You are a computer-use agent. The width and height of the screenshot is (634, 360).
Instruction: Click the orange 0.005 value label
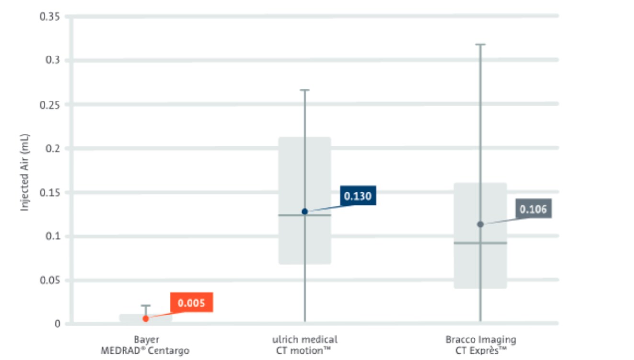point(192,303)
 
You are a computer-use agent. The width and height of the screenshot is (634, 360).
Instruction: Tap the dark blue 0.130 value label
point(358,196)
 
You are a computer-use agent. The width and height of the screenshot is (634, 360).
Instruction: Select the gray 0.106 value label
point(533,209)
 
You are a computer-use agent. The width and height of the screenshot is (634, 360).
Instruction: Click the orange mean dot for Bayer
point(146,318)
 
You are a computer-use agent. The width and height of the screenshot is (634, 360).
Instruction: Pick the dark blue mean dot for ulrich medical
point(305,211)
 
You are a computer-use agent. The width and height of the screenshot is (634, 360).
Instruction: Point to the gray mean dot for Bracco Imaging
point(480,224)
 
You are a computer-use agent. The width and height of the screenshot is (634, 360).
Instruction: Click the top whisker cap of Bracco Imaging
point(480,45)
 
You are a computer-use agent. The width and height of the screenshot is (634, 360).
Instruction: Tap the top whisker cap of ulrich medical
point(305,90)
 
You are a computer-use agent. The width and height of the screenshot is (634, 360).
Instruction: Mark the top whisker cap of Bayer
point(146,305)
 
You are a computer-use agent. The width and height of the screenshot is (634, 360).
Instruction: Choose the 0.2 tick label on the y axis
point(53,148)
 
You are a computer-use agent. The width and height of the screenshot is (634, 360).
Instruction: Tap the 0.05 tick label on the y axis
point(50,280)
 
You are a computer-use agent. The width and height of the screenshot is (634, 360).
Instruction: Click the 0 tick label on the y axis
point(57,324)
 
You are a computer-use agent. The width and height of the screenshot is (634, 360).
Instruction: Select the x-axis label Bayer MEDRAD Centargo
point(145,345)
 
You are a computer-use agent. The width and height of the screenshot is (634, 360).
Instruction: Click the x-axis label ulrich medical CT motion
point(305,345)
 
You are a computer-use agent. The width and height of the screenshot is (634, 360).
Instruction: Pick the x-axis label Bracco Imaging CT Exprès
point(480,345)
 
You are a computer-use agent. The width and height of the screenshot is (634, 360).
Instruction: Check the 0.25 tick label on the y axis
point(50,104)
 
